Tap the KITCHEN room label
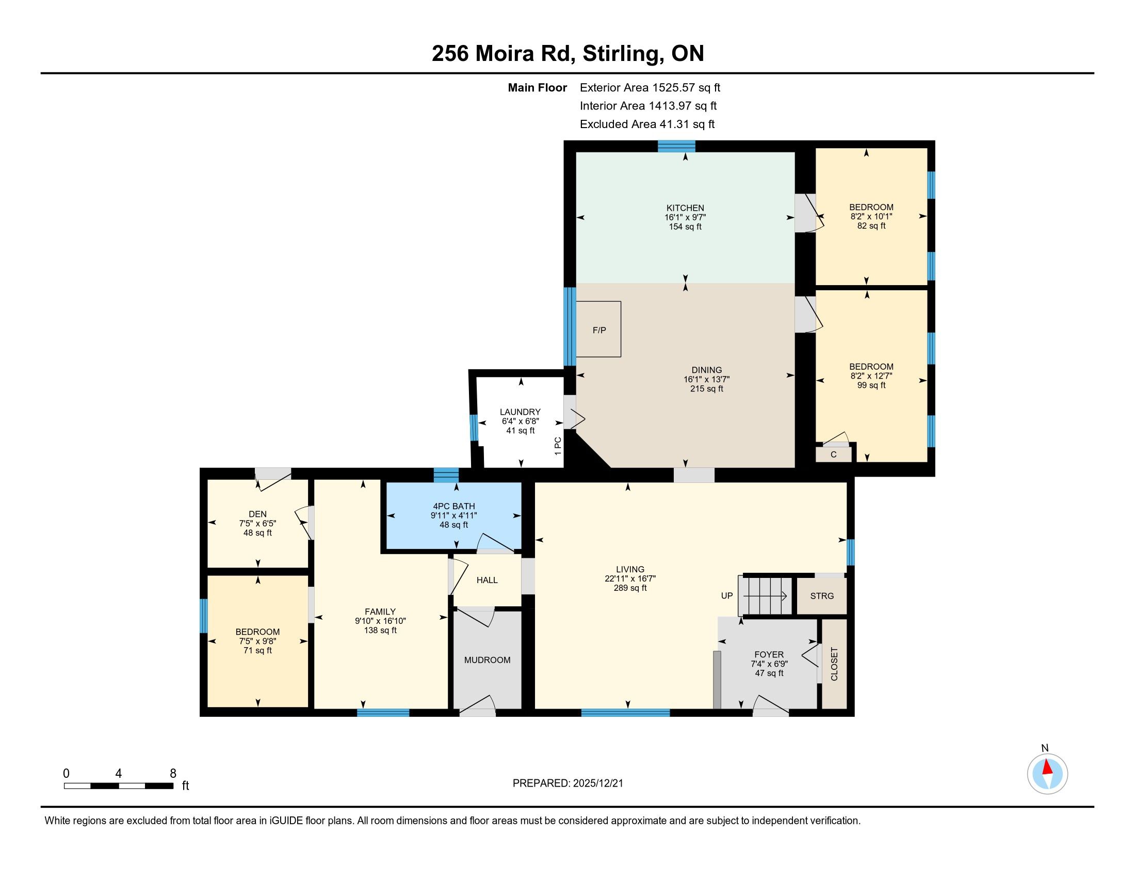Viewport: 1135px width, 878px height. (686, 208)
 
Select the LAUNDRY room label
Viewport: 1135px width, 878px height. (520, 412)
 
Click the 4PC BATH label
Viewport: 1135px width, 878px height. (454, 506)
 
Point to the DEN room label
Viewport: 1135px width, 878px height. (258, 514)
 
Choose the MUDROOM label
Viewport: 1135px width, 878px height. (488, 660)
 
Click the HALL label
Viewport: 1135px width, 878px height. (487, 580)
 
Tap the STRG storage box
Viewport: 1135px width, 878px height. (822, 596)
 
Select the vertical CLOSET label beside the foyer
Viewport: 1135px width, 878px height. (834, 664)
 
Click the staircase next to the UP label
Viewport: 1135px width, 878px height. (766, 596)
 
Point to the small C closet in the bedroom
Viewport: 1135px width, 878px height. (834, 454)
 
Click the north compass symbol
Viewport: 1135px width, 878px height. (1047, 774)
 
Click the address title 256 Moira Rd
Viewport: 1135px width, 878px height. (503, 54)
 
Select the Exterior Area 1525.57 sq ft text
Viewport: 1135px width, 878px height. (650, 88)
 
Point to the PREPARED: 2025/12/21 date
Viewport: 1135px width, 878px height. (567, 783)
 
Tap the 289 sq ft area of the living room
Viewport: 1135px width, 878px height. (630, 588)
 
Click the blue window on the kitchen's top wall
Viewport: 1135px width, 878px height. (677, 146)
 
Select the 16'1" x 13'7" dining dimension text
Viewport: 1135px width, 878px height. (707, 380)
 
